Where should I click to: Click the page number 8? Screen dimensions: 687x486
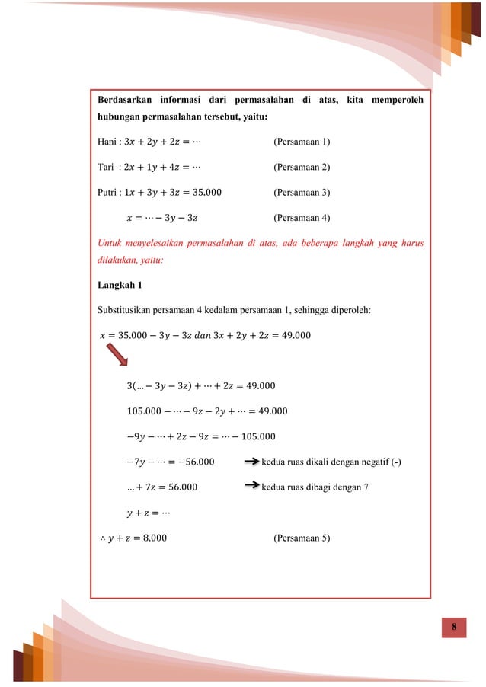[x=454, y=628]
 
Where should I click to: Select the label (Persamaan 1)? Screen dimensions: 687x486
[x=301, y=142]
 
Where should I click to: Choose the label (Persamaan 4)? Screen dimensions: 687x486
[x=301, y=218]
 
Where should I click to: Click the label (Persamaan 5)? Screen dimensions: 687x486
[x=301, y=538]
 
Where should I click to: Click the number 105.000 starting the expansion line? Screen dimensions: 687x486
[x=143, y=411]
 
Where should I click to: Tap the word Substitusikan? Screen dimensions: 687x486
[x=128, y=311]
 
